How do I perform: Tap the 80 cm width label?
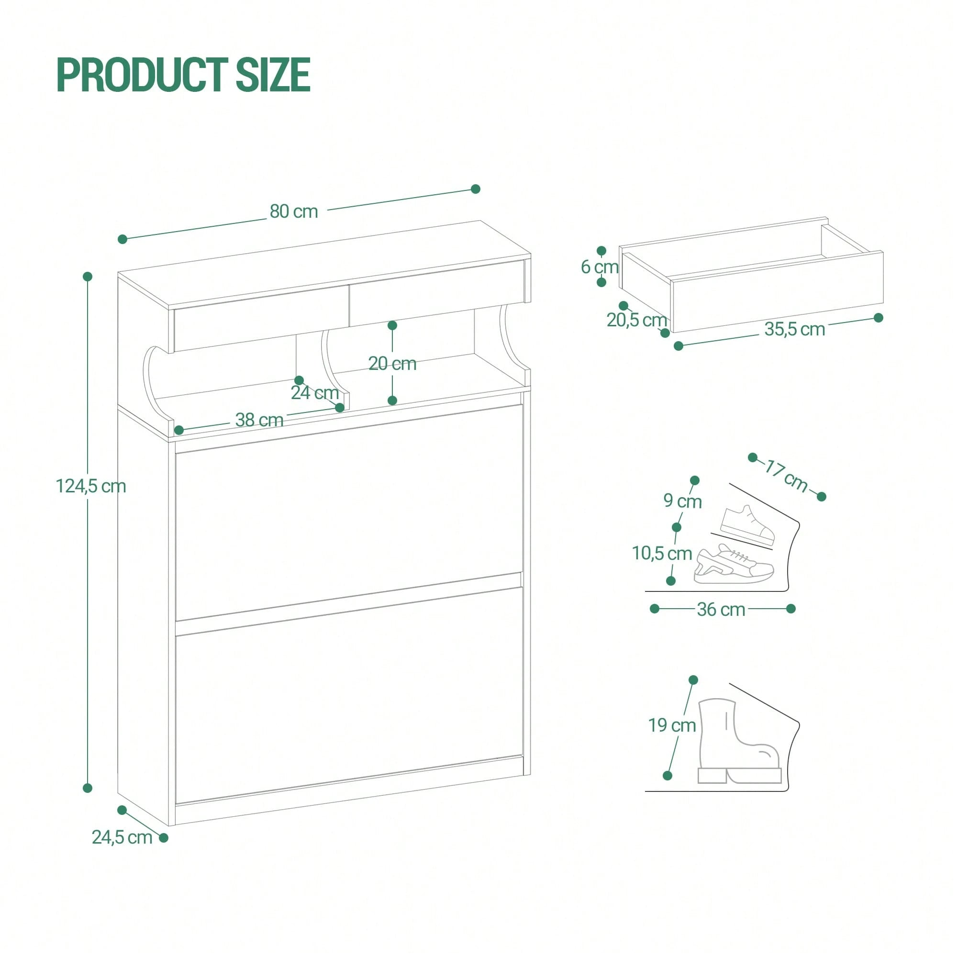click(294, 211)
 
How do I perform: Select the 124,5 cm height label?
click(90, 487)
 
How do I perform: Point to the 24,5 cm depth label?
click(122, 837)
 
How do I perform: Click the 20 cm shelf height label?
click(392, 364)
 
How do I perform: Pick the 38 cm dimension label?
click(259, 420)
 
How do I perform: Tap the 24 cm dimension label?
click(314, 393)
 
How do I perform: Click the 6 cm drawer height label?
click(600, 267)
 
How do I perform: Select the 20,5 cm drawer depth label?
click(637, 321)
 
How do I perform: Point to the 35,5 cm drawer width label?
click(794, 329)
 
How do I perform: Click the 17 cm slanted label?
click(787, 476)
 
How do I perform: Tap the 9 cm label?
click(683, 501)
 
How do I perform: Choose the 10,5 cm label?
click(662, 553)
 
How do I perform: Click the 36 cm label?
click(721, 610)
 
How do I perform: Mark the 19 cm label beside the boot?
click(672, 726)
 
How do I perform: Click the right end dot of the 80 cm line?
click(476, 189)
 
